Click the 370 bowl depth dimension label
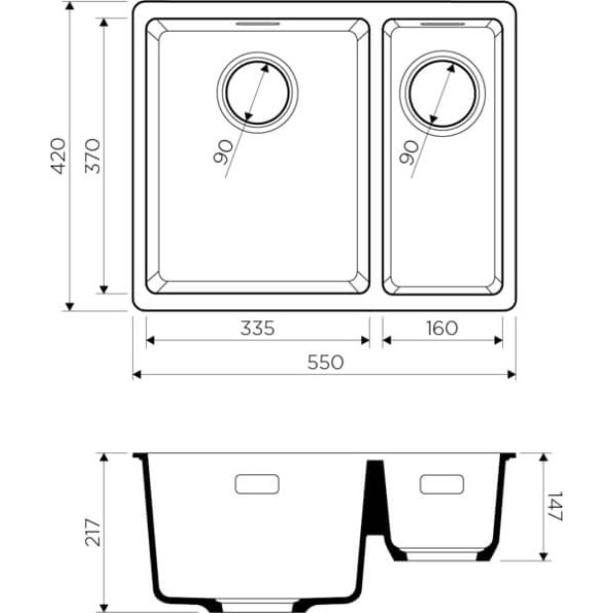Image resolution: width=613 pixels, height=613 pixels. [x=91, y=156]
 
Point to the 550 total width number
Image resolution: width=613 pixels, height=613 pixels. [x=324, y=362]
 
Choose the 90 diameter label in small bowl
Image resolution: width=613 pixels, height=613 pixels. [x=407, y=152]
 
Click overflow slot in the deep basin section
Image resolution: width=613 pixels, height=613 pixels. [x=256, y=484]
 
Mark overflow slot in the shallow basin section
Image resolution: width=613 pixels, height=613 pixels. [x=441, y=484]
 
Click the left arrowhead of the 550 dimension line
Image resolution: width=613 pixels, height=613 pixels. [x=137, y=375]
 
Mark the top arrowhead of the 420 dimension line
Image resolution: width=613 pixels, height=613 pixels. [x=69, y=8]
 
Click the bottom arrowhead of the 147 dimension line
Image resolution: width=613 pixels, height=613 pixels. [x=543, y=555]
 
